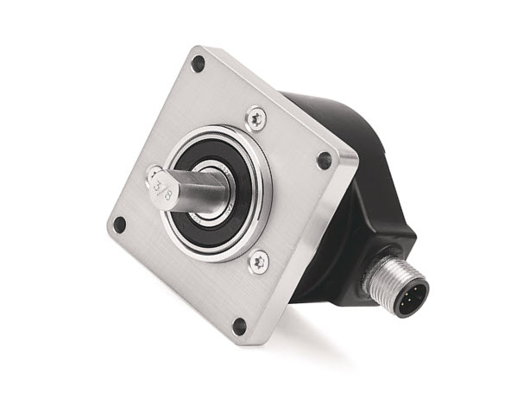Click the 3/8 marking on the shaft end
tap(162, 191)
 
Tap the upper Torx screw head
tap(257, 118)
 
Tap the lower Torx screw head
tap(258, 262)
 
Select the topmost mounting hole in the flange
tap(199, 64)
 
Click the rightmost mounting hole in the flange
tap(325, 161)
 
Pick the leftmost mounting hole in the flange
tap(119, 225)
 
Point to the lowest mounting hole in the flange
tap(239, 327)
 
